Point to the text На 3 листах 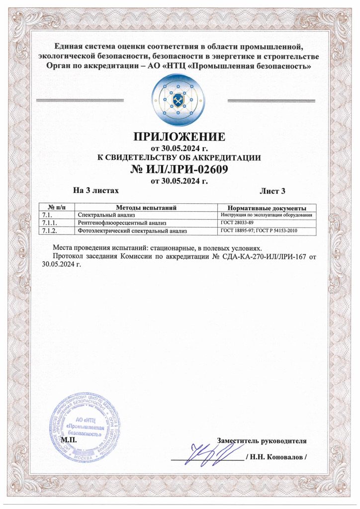point(96,190)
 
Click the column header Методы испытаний point(147,207)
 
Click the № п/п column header point(57,207)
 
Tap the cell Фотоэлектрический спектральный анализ point(132,231)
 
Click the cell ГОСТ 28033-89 point(237,223)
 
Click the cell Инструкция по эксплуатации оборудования point(266,215)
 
